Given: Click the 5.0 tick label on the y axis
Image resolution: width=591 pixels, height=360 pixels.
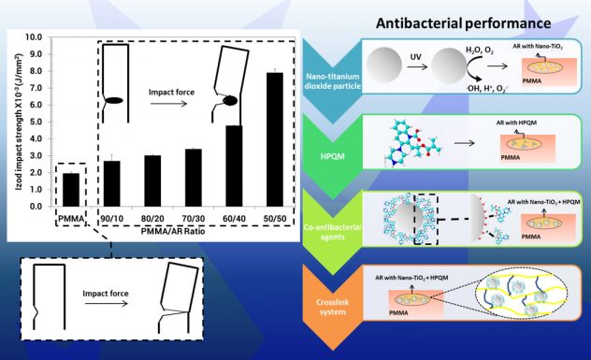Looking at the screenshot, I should [x=35, y=122].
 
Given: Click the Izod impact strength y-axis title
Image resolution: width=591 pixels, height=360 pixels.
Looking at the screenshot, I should [x=14, y=122].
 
